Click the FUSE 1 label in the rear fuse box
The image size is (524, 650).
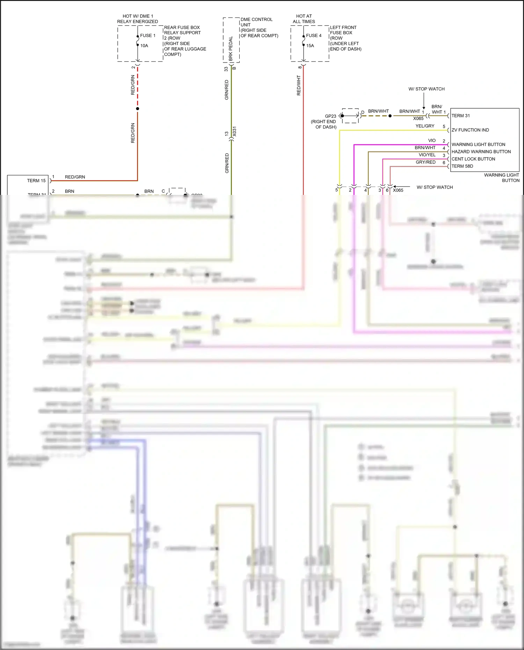(x=147, y=35)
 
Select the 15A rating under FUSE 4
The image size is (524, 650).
(x=310, y=45)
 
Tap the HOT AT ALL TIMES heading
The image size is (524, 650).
(x=304, y=19)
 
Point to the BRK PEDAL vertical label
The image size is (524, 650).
(x=231, y=49)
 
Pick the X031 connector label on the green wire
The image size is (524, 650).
(x=234, y=131)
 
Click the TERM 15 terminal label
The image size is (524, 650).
(x=36, y=181)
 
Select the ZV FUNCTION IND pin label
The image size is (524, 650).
(x=470, y=130)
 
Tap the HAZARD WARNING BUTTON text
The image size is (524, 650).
(x=481, y=152)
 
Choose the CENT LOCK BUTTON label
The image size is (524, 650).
(x=473, y=159)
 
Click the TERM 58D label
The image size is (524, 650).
(x=462, y=166)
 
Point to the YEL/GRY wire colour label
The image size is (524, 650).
(x=425, y=126)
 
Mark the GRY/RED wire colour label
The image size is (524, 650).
(x=425, y=162)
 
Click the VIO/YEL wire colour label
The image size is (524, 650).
(x=427, y=155)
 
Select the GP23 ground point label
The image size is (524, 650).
(x=330, y=116)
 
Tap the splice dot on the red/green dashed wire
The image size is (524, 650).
(x=138, y=109)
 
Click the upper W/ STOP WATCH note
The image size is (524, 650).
(x=426, y=89)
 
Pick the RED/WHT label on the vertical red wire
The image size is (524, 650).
(x=299, y=85)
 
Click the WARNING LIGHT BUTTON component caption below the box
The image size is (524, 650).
(x=501, y=177)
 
